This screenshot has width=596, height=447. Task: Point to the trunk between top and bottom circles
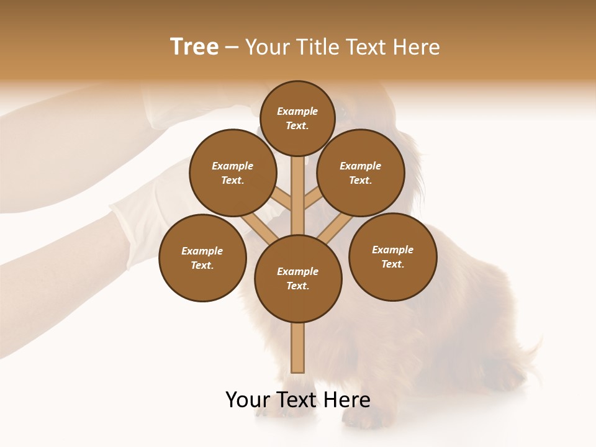pos(298,196)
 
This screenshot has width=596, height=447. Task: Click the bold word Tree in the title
pos(194,47)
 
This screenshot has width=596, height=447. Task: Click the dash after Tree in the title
pos(232,48)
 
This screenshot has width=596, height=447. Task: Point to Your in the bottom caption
pos(248,400)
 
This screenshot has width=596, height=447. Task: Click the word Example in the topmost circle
pos(297,112)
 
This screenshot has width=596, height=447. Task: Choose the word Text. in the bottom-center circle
pos(297,286)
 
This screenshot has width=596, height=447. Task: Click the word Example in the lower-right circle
pos(392,250)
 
